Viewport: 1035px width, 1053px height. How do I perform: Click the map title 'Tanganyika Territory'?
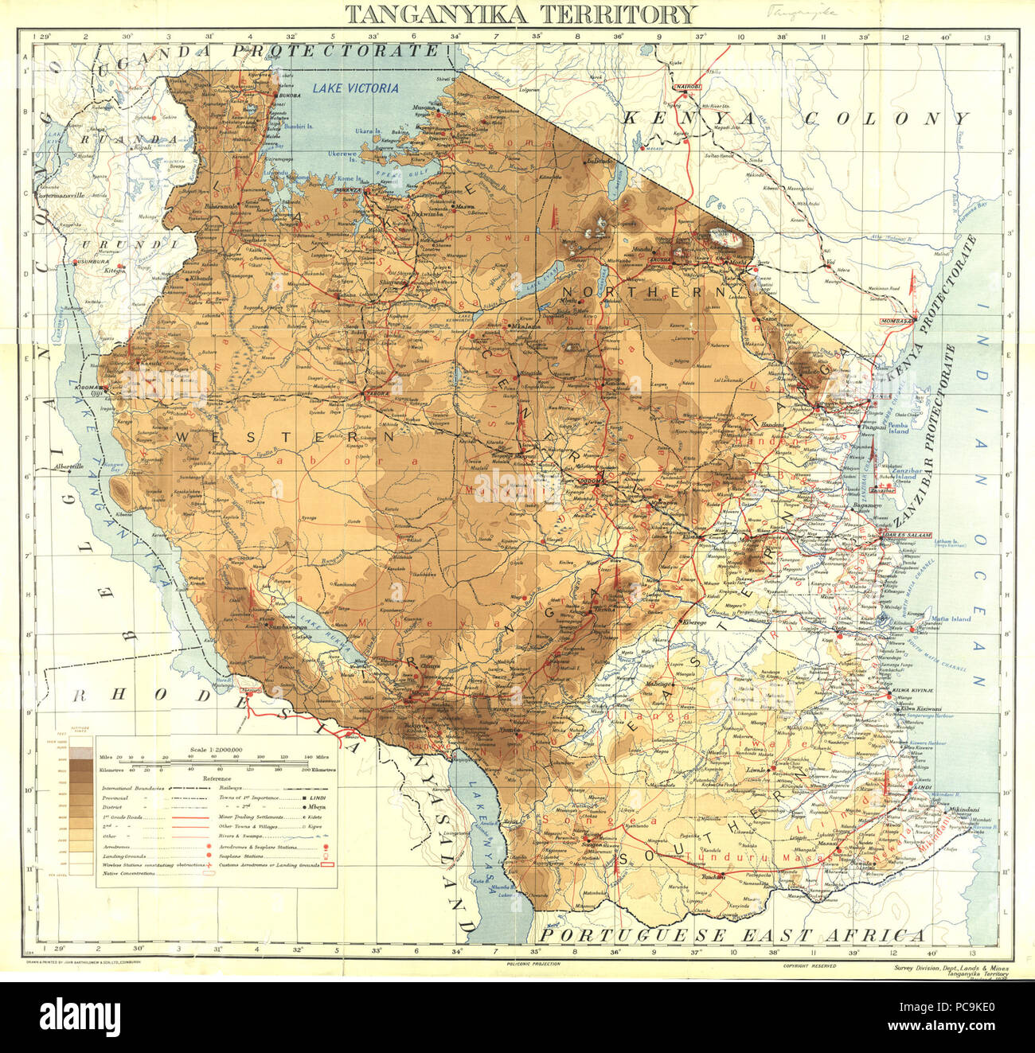pyautogui.click(x=521, y=14)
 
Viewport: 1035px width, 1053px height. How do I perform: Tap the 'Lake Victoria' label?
pyautogui.click(x=355, y=88)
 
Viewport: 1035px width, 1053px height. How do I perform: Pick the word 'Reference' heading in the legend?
pyautogui.click(x=217, y=778)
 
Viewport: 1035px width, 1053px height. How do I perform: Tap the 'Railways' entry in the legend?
pyautogui.click(x=233, y=786)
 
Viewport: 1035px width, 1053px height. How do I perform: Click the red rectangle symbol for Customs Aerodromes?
pyautogui.click(x=324, y=863)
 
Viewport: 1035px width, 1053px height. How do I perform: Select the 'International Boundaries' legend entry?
pyautogui.click(x=132, y=786)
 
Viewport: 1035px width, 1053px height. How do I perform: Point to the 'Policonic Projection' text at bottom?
pyautogui.click(x=533, y=963)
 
